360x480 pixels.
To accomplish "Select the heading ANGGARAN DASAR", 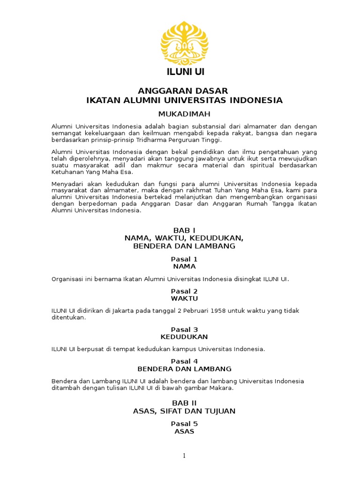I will click(184, 90).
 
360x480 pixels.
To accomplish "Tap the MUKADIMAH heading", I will click(184, 114).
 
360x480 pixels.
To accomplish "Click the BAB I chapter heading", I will click(184, 230).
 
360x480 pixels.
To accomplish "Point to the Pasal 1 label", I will click(184, 259).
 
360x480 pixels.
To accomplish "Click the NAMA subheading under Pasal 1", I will click(184, 266).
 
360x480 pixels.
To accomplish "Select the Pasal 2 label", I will click(184, 291).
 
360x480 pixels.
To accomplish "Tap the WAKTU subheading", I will click(184, 299).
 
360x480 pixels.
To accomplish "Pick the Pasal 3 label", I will click(184, 330).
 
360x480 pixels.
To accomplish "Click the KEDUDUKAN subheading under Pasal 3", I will click(184, 337).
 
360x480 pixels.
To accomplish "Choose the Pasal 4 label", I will click(184, 361).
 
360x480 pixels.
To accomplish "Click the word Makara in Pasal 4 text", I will click(221, 388).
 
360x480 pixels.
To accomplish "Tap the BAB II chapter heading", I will click(184, 403).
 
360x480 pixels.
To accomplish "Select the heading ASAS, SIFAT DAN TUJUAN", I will click(184, 411).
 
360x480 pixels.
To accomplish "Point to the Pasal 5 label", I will click(184, 424).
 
